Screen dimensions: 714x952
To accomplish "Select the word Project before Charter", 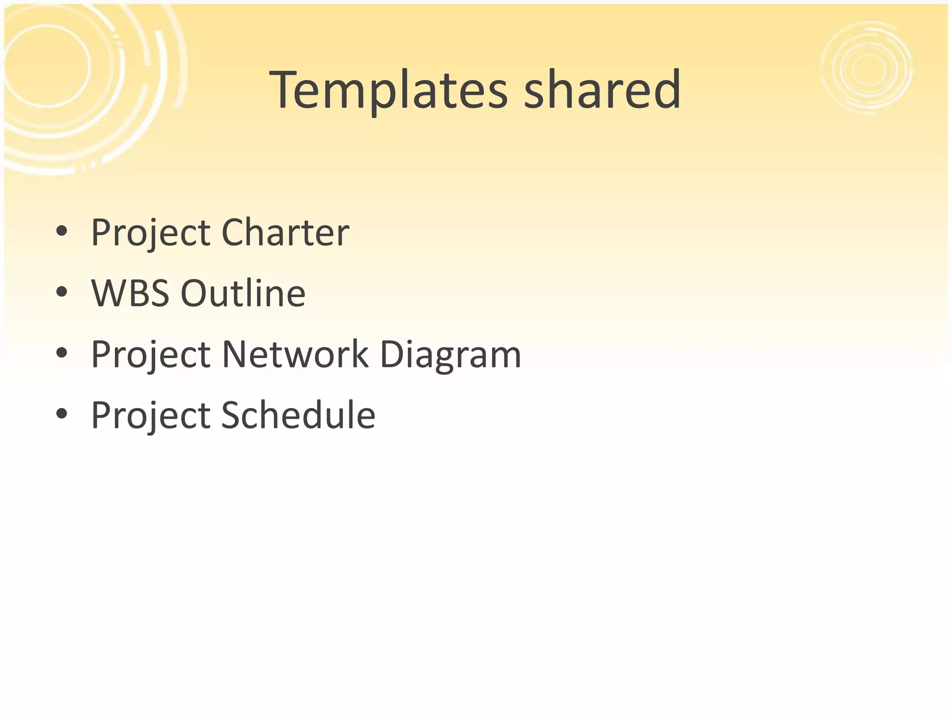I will point(150,233).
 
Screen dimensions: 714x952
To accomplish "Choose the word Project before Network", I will point(150,355).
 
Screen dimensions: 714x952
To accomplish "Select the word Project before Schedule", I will point(150,416).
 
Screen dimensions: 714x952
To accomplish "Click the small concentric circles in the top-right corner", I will point(867,68).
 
